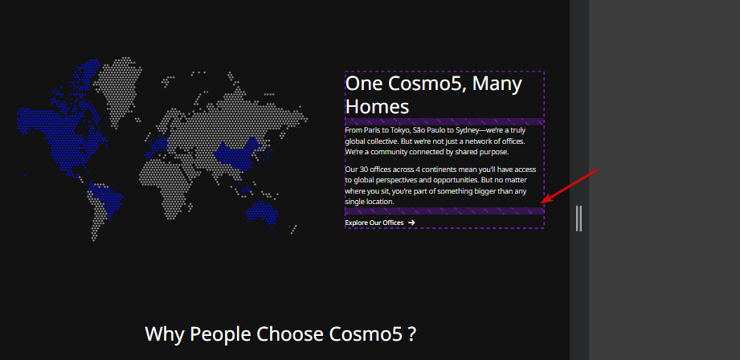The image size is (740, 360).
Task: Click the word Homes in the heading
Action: click(377, 107)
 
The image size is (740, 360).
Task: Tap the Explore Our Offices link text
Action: click(374, 223)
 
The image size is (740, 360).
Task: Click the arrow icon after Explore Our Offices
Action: click(411, 223)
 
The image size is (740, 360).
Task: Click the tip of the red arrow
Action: click(542, 203)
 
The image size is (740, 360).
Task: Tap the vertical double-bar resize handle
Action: click(579, 219)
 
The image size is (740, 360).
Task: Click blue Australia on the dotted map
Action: click(262, 213)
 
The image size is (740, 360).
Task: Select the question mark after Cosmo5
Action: click(412, 334)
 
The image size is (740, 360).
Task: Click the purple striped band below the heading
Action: click(444, 121)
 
